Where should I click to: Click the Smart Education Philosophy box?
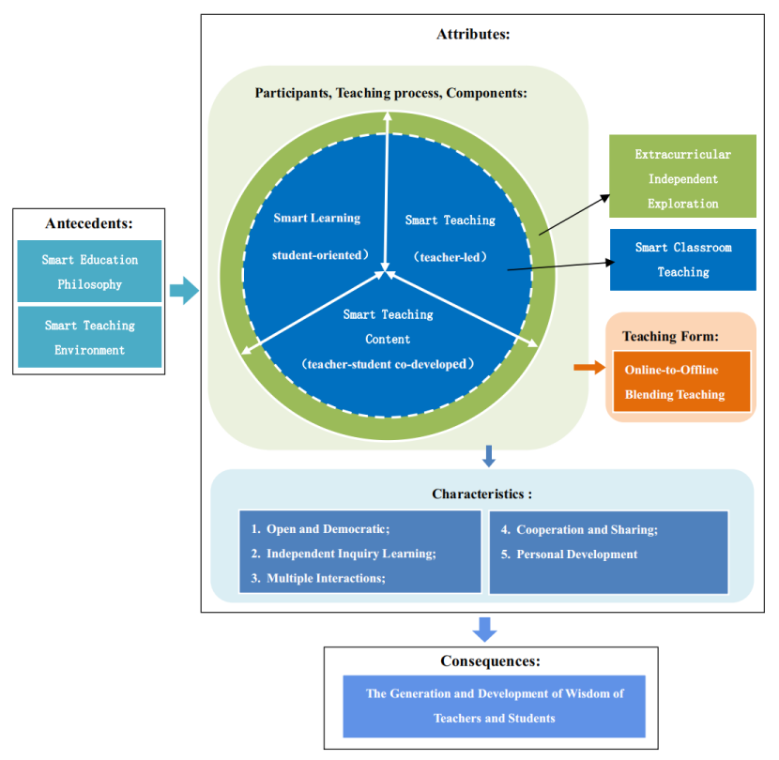(90, 271)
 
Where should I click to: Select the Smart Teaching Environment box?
(90, 337)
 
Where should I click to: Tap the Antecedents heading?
(89, 223)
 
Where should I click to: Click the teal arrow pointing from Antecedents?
(184, 291)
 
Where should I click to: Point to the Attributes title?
(473, 35)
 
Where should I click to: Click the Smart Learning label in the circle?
(316, 218)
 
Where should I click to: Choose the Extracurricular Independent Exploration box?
(682, 178)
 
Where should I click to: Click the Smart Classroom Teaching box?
(682, 260)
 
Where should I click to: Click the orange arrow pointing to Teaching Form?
(589, 367)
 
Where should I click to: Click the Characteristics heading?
(482, 494)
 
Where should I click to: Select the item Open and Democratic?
(319, 529)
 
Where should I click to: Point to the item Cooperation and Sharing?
(578, 529)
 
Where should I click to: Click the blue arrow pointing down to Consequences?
(484, 629)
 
